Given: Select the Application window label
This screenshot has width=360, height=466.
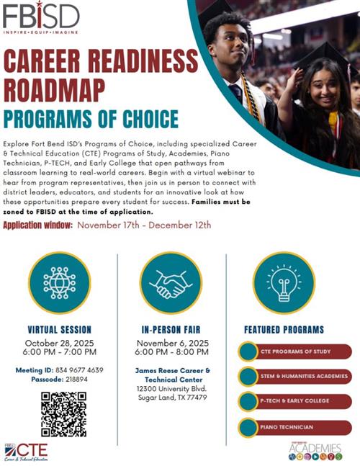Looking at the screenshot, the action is pos(37,225).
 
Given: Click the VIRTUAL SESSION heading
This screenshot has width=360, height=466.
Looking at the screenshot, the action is pos(59,330).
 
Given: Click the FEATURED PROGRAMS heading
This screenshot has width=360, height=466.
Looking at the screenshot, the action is pos(284,330).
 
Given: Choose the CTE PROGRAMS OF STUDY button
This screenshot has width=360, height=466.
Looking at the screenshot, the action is pos(295,351).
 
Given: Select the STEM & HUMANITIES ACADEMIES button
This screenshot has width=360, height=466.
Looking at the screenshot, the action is pos(295,376).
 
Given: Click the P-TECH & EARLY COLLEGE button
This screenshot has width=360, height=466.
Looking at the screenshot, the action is pos(295,400).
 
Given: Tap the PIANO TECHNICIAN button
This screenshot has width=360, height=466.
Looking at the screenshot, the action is pos(295,427).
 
